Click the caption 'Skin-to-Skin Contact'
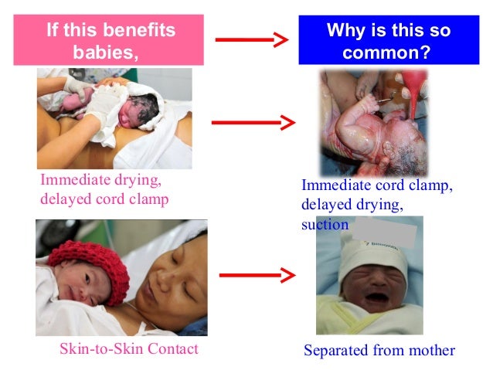tap(129, 349)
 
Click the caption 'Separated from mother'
tap(379, 351)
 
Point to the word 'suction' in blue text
tap(325, 225)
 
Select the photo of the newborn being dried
tap(114, 117)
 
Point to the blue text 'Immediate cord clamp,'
tap(377, 186)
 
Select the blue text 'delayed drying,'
tap(352, 205)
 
